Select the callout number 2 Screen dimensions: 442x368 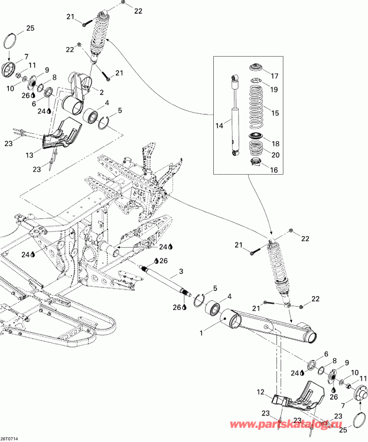point(102,92)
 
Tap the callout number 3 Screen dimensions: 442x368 point(181,271)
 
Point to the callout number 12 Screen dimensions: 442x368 point(260,392)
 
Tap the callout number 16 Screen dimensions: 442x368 point(273,170)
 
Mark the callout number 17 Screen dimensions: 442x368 point(273,76)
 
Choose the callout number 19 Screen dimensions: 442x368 point(273,89)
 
